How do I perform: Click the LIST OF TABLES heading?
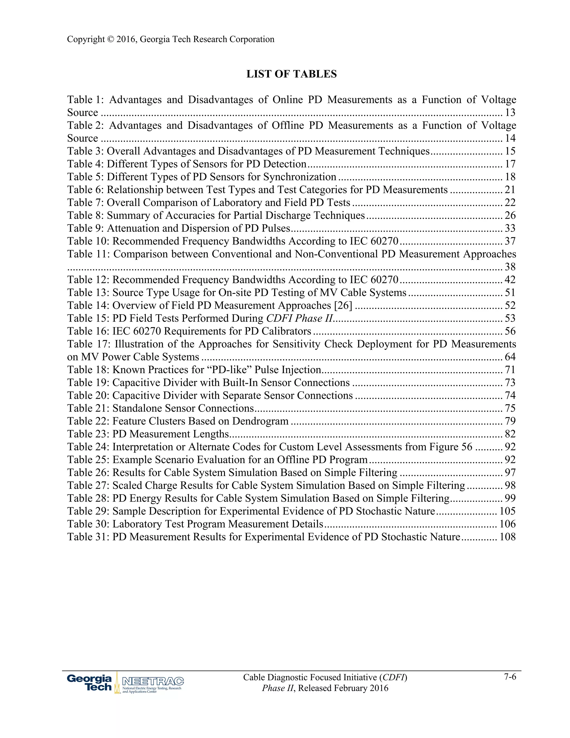pyautogui.click(x=291, y=74)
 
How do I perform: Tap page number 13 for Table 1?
pyautogui.click(x=510, y=113)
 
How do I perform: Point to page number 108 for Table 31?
pyautogui.click(x=508, y=537)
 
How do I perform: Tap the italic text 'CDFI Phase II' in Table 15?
pyautogui.click(x=299, y=318)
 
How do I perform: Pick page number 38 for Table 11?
pyautogui.click(x=510, y=267)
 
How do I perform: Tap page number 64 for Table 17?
pyautogui.click(x=510, y=357)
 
